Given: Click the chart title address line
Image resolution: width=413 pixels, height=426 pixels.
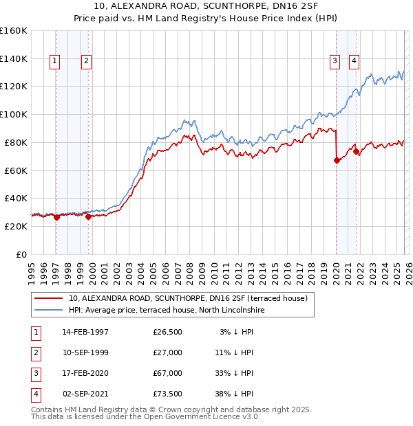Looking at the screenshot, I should click(206, 6).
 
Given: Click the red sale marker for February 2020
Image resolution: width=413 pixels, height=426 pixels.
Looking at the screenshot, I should click(337, 160).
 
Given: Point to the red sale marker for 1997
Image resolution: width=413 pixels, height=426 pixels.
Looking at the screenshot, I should click(56, 217).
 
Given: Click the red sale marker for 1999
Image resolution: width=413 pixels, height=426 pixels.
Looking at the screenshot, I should click(88, 216).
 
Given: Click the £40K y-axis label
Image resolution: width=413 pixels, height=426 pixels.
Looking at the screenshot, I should click(15, 198).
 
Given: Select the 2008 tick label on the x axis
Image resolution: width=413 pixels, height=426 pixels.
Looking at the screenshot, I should click(190, 271).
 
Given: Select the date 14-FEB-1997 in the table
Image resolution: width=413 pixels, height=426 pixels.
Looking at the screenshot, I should click(85, 333).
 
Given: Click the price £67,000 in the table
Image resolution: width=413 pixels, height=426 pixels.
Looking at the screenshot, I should click(168, 374).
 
